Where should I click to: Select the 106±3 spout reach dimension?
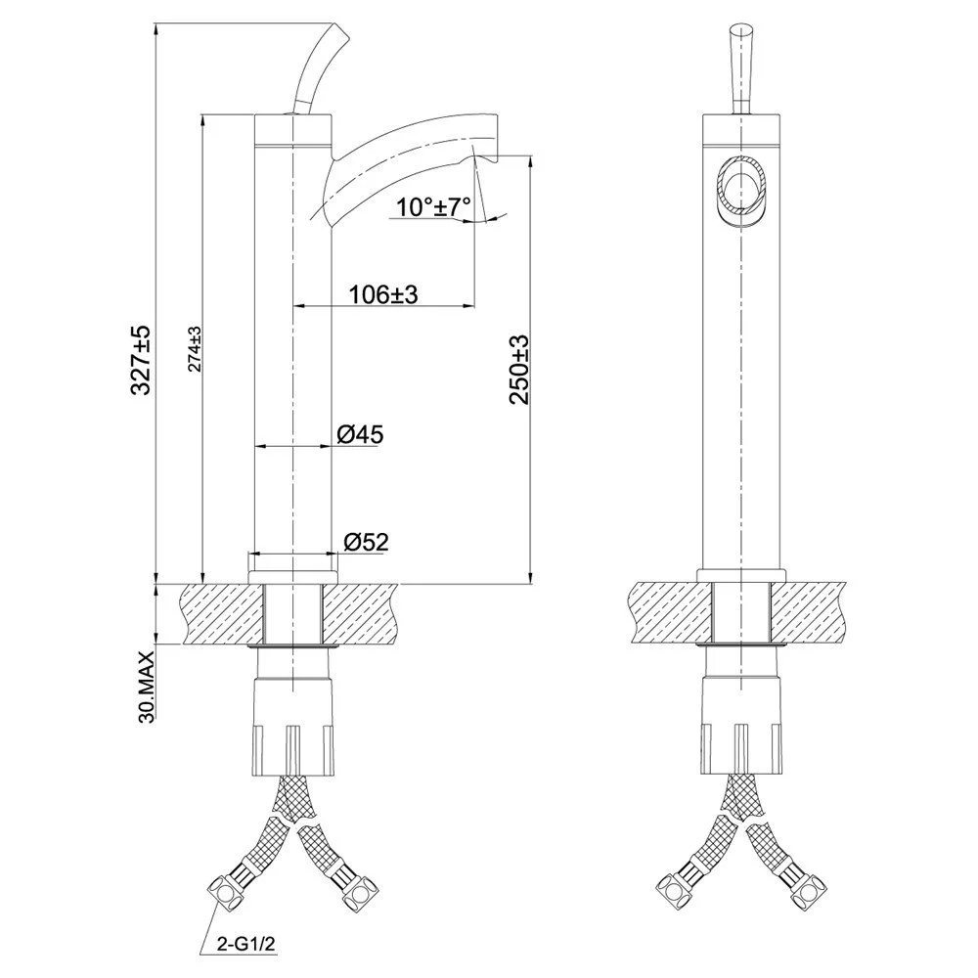[384, 293]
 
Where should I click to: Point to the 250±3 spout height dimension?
[519, 369]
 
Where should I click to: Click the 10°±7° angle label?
[435, 206]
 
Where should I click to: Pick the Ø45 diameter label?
[359, 434]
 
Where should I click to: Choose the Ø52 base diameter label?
[364, 541]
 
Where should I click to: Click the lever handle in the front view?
[739, 61]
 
